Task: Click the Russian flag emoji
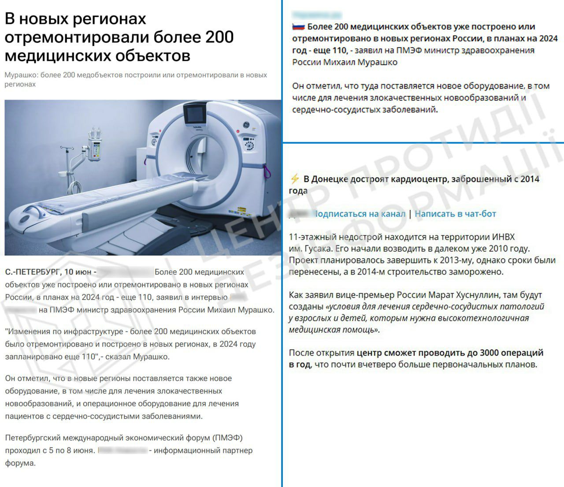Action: [x=298, y=27]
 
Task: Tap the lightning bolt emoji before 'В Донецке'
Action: [x=294, y=179]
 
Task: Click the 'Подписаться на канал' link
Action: [x=359, y=214]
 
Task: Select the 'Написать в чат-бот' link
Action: [x=455, y=214]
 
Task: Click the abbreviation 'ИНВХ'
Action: [x=501, y=237]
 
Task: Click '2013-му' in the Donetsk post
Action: [x=440, y=260]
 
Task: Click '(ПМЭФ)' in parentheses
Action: [x=227, y=438]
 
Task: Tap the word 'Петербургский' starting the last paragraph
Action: [x=33, y=438]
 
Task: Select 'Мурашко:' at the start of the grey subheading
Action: [x=21, y=75]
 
